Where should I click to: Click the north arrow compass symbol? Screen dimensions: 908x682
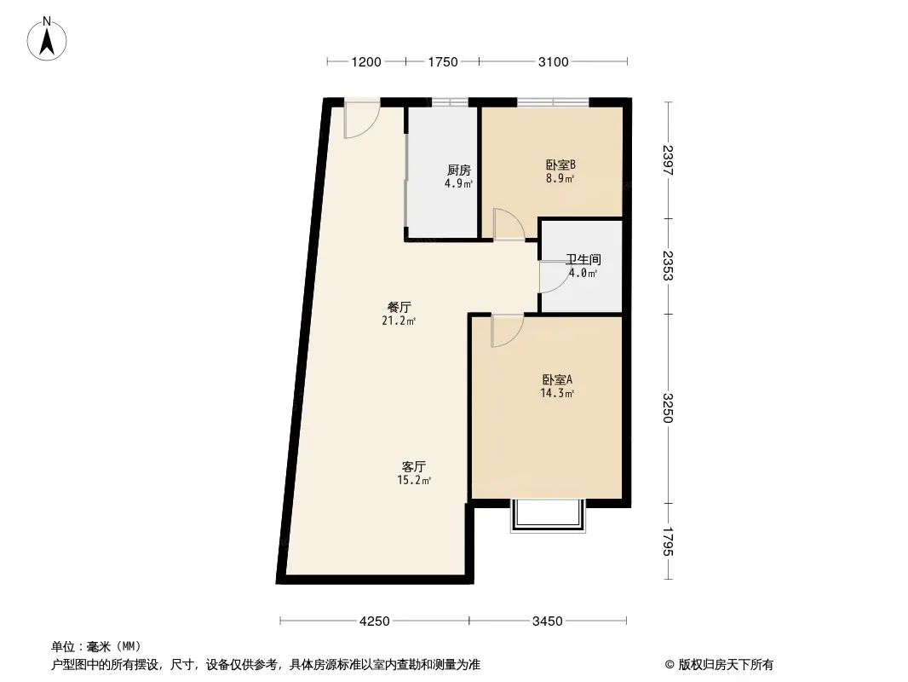47,38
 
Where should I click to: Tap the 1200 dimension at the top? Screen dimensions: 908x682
366,62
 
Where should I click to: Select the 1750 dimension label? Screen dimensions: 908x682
443,62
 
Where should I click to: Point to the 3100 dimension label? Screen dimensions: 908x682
554,62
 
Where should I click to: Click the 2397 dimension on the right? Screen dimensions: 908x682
669,160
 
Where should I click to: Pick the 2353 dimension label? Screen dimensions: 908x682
669,265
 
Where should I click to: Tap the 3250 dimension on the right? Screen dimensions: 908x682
669,408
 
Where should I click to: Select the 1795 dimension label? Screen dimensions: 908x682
669,541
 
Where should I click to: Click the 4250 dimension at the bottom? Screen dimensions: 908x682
375,621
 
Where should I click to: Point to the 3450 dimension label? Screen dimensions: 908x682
547,621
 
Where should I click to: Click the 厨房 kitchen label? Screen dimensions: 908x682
458,170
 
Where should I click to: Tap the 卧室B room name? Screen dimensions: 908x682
560,165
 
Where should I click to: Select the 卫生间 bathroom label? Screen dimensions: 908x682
583,260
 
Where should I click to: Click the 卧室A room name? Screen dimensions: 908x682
557,380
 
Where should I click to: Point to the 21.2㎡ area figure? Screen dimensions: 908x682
399,321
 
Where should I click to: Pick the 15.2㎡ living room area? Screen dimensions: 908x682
413,480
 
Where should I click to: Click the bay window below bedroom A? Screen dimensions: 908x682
548,516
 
